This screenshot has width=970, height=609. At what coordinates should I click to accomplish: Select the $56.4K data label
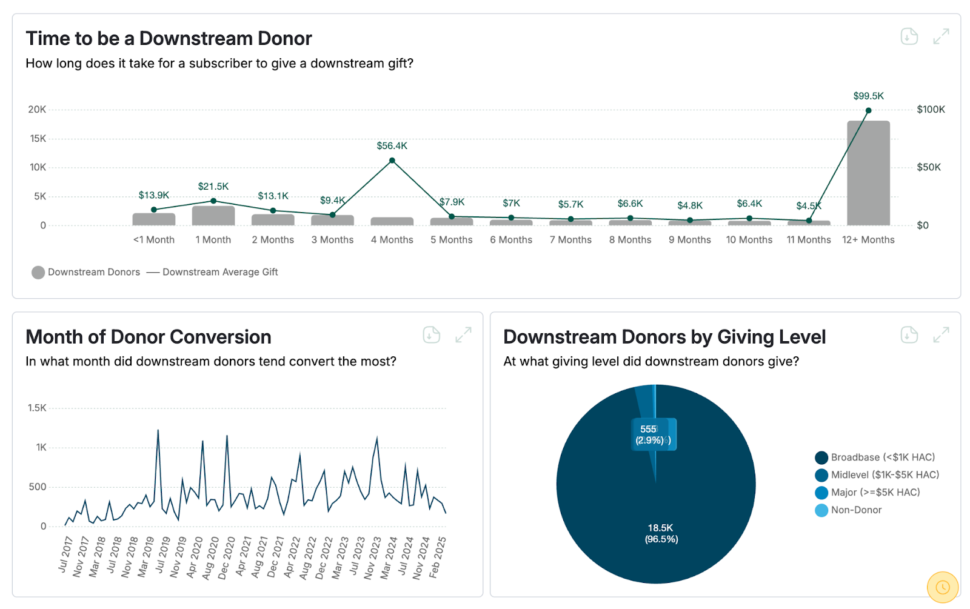coord(392,146)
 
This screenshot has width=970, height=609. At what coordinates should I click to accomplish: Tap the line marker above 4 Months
coord(392,161)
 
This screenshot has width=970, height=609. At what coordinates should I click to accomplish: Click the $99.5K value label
coord(868,96)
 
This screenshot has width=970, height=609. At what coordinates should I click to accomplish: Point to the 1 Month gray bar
coord(213,216)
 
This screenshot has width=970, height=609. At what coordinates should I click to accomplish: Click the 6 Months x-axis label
coord(511,240)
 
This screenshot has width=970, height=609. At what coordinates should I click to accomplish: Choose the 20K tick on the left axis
coord(37,110)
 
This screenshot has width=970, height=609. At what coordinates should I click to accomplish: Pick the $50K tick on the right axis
coord(928,167)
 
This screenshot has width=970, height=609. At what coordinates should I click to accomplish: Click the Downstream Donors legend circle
coord(38,273)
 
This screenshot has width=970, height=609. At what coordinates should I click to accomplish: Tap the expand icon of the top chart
coord(941,37)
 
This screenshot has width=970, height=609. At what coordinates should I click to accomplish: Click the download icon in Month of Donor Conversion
coord(431,335)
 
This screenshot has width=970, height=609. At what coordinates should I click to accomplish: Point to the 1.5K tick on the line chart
coord(37,408)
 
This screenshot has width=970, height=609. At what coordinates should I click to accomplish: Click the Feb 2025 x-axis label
coord(438,557)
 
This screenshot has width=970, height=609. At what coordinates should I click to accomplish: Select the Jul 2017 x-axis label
coord(65,554)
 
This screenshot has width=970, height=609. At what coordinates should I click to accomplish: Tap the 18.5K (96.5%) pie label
coord(661,533)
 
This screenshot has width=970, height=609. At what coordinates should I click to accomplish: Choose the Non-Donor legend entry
coord(856,510)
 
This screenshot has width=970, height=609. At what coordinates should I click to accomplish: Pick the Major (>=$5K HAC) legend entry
coord(875,493)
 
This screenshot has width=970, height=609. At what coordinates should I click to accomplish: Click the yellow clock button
coord(942,587)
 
